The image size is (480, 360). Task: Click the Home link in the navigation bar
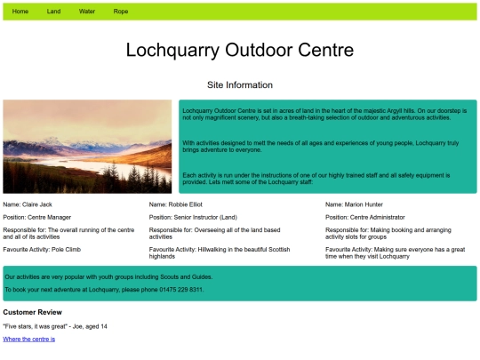click(20, 12)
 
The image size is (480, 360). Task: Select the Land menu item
click(53, 12)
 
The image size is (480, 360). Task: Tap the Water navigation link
click(87, 12)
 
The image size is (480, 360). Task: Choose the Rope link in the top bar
click(120, 12)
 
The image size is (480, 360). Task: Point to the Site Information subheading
click(239, 85)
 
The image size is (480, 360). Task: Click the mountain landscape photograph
click(87, 147)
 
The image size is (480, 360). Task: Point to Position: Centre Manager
click(37, 217)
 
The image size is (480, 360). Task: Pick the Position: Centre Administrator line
click(365, 217)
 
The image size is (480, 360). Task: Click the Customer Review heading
click(32, 312)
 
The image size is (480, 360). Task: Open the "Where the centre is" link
click(28, 339)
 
